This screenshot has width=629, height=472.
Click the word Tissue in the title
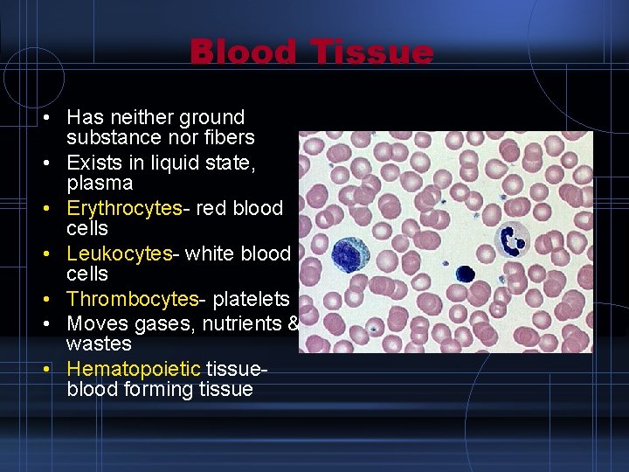coord(373,52)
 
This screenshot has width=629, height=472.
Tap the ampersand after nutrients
coord(293,323)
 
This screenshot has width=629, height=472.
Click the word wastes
coord(99,344)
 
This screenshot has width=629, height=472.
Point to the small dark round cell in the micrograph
coord(464,274)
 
